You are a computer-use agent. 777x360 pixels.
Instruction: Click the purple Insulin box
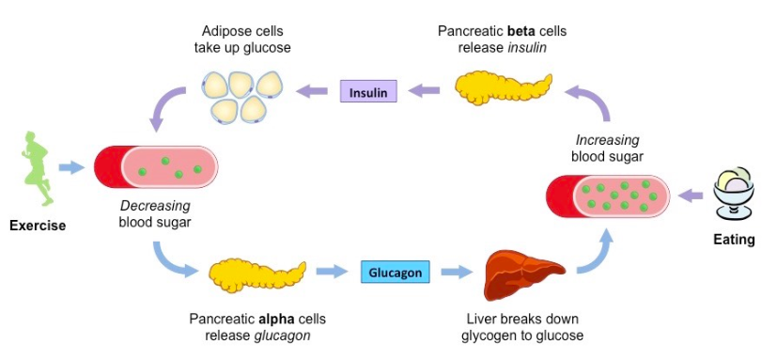pyautogui.click(x=368, y=91)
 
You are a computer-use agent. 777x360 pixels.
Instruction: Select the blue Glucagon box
pyautogui.click(x=395, y=273)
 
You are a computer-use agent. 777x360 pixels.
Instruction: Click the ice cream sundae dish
pyautogui.click(x=734, y=193)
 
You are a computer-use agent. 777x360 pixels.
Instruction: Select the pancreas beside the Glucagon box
pyautogui.click(x=256, y=276)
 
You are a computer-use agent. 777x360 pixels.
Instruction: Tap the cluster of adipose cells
pyautogui.click(x=241, y=96)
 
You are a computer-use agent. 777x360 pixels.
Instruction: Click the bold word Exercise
pyautogui.click(x=38, y=227)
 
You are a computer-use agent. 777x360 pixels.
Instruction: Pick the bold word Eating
pyautogui.click(x=734, y=240)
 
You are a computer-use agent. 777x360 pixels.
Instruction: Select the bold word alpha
pyautogui.click(x=275, y=319)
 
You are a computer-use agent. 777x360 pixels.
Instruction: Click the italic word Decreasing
pyautogui.click(x=156, y=205)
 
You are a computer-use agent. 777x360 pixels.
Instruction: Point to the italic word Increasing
pyautogui.click(x=608, y=140)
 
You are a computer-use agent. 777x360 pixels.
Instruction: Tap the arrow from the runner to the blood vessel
pyautogui.click(x=71, y=167)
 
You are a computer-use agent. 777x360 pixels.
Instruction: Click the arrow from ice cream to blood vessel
pyautogui.click(x=690, y=196)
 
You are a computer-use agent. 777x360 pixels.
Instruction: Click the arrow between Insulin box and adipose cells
pyautogui.click(x=312, y=91)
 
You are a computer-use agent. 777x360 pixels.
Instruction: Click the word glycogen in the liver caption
pyautogui.click(x=486, y=336)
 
